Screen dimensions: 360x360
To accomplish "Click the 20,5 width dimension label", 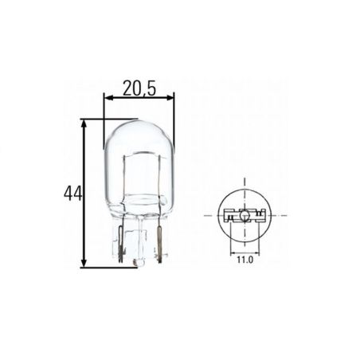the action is click(139, 88).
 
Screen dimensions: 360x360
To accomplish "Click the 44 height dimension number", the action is click(72, 194).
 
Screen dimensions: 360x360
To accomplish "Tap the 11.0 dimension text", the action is click(245, 260).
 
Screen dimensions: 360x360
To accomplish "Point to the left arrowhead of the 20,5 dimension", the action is click(108, 98).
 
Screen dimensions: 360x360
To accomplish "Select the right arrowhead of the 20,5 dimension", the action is click(170, 98).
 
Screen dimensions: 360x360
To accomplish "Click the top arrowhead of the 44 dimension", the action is click(84, 124).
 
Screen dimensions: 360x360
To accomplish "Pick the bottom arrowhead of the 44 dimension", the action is click(84, 262).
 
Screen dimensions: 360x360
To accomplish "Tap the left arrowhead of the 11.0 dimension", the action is click(233, 252).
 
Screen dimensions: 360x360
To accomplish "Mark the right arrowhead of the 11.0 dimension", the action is click(256, 252).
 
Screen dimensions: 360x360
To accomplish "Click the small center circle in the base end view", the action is click(245, 216).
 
